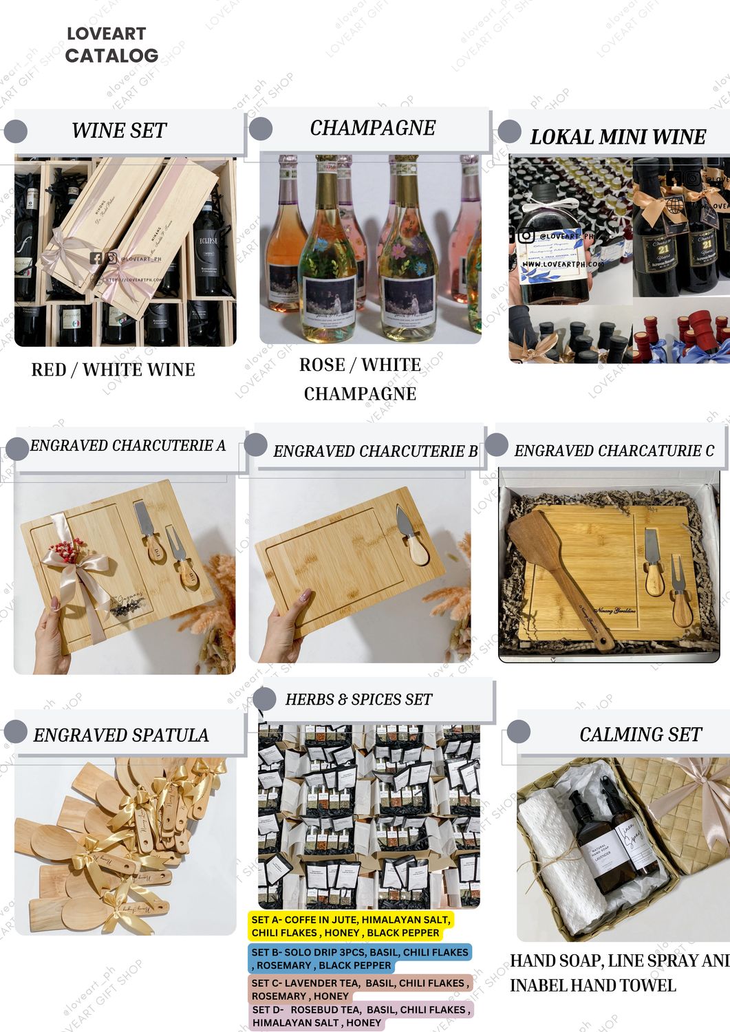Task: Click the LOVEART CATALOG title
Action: coord(111,45)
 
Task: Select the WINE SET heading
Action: coord(119,131)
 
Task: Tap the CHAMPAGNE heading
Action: coord(372,128)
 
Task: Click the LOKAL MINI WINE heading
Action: coord(617,137)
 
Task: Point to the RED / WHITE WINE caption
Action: coord(113,370)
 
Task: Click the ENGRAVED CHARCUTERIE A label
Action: coord(127,446)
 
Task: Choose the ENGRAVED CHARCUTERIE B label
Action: coord(375,451)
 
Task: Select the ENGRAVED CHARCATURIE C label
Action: coord(614,451)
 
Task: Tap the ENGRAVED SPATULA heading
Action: coord(120,735)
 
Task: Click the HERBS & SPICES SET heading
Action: coord(358,700)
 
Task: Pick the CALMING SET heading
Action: coord(640,735)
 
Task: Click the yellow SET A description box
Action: coord(350,926)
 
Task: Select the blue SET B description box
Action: coord(359,958)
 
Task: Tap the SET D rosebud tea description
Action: coord(361,1016)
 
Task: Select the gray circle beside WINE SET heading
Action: coord(15,131)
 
